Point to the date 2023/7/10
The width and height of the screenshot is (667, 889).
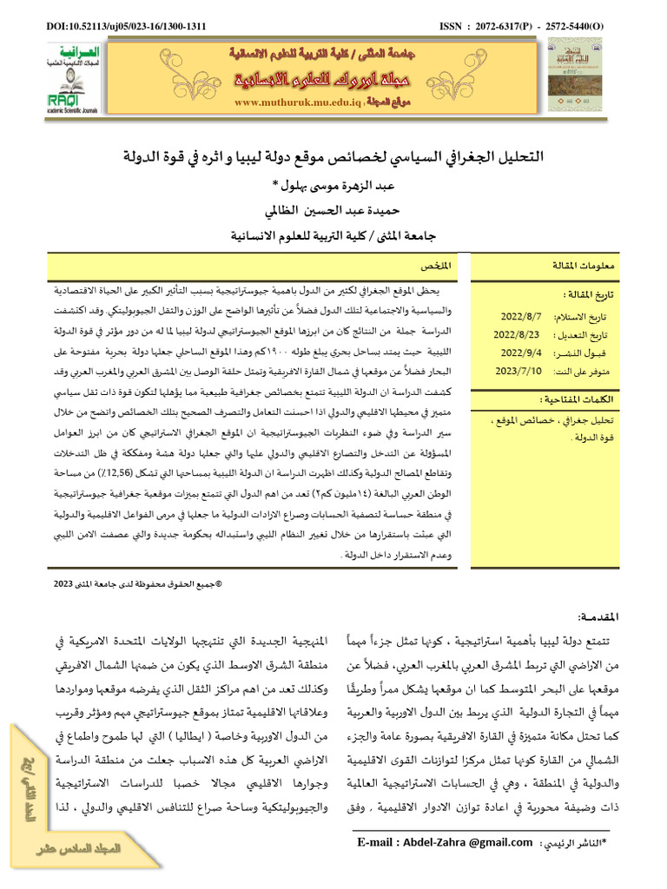519,371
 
